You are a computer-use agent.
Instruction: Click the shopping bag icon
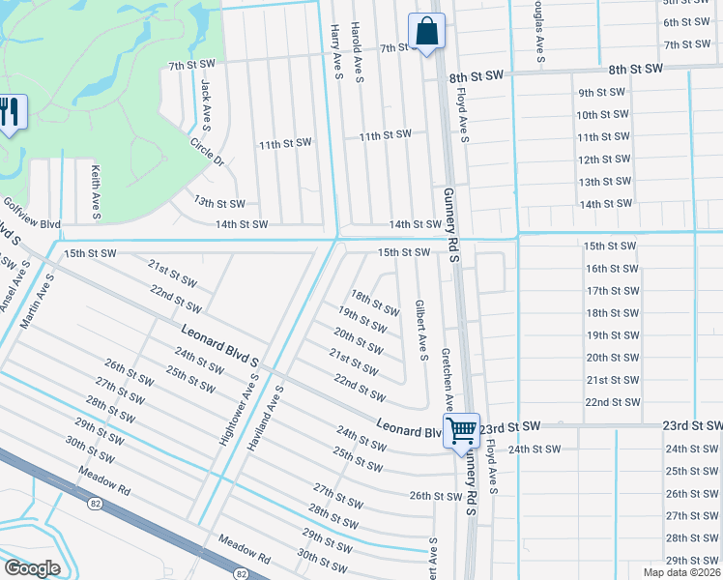pyautogui.click(x=426, y=31)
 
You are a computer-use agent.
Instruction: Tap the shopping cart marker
pyautogui.click(x=461, y=428)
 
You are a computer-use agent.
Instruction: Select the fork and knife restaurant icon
pyautogui.click(x=10, y=112)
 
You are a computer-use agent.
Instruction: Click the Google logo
pyautogui.click(x=32, y=568)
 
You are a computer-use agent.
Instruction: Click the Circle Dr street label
pyautogui.click(x=207, y=152)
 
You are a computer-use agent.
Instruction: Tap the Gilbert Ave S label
pyautogui.click(x=420, y=329)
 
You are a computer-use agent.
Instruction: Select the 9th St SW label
pyautogui.click(x=602, y=93)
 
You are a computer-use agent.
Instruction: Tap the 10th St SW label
pyautogui.click(x=602, y=115)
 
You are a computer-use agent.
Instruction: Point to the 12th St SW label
pyautogui.click(x=602, y=159)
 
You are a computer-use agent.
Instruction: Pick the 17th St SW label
pyautogui.click(x=612, y=291)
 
